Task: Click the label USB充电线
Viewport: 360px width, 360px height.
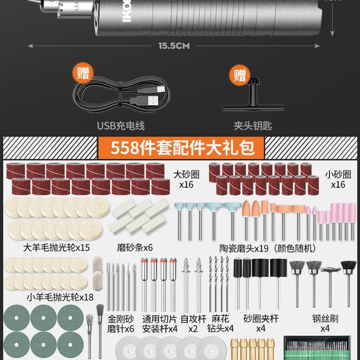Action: pyautogui.click(x=121, y=126)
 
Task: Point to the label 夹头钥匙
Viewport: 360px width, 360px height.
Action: pyautogui.click(x=252, y=126)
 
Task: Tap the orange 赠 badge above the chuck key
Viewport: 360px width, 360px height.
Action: pyautogui.click(x=240, y=74)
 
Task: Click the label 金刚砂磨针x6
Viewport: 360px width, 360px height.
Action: pyautogui.click(x=121, y=324)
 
